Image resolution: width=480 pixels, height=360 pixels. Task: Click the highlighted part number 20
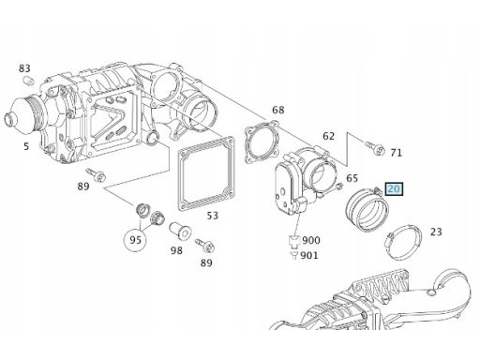click(x=395, y=189)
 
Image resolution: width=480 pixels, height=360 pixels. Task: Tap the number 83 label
click(x=24, y=68)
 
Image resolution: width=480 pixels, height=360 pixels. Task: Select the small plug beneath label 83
click(x=29, y=80)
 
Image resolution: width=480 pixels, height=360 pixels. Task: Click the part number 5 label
click(x=26, y=146)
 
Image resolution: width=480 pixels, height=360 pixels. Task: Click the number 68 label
click(x=278, y=110)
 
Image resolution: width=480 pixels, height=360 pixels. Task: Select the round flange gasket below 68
click(x=262, y=142)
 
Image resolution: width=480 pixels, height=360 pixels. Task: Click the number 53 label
click(x=213, y=216)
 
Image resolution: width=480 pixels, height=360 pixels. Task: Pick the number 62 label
click(x=328, y=136)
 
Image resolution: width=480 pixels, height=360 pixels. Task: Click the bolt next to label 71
click(x=375, y=148)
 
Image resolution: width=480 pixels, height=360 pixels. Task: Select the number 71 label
click(x=396, y=153)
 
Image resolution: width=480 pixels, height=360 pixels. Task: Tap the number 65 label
click(x=352, y=178)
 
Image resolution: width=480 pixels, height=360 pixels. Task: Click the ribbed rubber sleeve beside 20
click(x=367, y=209)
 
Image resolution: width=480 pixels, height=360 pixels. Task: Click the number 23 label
click(x=436, y=232)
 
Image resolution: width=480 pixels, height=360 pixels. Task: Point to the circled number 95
click(x=135, y=240)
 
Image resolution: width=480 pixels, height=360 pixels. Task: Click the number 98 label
click(x=176, y=250)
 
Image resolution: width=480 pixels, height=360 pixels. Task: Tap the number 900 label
click(x=311, y=240)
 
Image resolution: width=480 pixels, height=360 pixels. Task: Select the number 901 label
click(x=309, y=255)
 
